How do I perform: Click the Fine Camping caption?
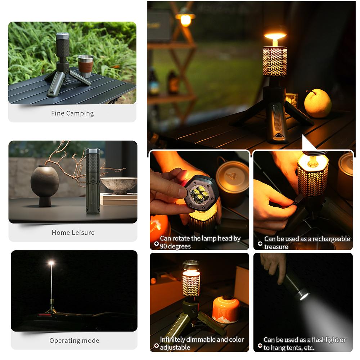pyautogui.click(x=72, y=113)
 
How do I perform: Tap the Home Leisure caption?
pyautogui.click(x=73, y=233)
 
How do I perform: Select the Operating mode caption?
pyautogui.click(x=74, y=341)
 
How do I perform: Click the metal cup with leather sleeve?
pyautogui.click(x=85, y=66)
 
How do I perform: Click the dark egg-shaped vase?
pyautogui.click(x=45, y=182)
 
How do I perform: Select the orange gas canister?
pyautogui.click(x=226, y=310)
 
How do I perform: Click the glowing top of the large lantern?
pyautogui.click(x=275, y=36)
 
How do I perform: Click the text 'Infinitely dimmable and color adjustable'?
pyautogui.click(x=202, y=343)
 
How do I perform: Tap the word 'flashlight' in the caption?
pyautogui.click(x=320, y=340)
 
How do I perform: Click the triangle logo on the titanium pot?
pyautogui.click(x=232, y=176)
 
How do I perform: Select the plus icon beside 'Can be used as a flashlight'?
pyautogui.click(x=260, y=345)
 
